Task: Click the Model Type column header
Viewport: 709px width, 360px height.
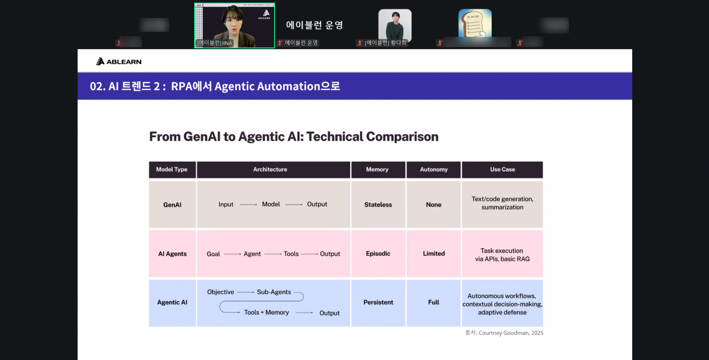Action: coord(172,169)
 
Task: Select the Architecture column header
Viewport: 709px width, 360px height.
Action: coord(270,169)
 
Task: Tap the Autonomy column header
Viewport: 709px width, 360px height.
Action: coord(434,169)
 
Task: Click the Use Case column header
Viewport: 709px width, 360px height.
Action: coord(502,169)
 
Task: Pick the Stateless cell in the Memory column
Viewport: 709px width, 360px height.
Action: coord(378,205)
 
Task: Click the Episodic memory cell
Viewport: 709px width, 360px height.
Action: coord(378,254)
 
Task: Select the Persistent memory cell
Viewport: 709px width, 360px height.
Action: coord(378,302)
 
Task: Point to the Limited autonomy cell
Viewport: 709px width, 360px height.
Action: coord(434,254)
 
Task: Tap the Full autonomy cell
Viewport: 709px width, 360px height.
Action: coord(434,302)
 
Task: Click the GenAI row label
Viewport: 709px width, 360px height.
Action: coord(172,205)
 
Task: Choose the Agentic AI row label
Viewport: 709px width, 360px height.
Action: coord(172,302)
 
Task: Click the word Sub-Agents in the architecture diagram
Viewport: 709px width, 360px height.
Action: coord(274,292)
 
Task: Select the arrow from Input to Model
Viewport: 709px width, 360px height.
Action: coord(248,204)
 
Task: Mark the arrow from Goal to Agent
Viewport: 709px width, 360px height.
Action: coord(232,254)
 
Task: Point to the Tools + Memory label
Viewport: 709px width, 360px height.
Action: coord(266,312)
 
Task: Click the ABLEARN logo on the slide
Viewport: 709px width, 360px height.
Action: coord(119,62)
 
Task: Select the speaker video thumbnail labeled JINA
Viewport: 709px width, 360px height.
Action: coord(234,25)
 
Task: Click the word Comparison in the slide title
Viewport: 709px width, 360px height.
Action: coord(402,137)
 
